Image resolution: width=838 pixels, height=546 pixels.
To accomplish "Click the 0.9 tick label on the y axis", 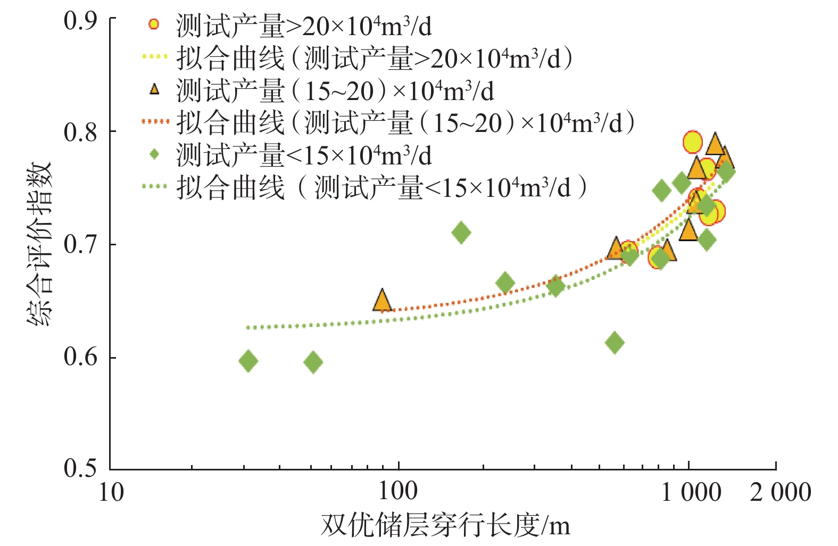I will click(x=80, y=21).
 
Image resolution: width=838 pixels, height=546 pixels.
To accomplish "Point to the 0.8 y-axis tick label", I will click(x=80, y=133).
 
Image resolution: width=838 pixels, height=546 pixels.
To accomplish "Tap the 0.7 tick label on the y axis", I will click(x=80, y=245).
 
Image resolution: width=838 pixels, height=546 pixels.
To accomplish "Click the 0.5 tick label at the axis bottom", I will click(x=80, y=468).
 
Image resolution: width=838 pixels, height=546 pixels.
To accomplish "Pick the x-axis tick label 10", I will click(x=111, y=492).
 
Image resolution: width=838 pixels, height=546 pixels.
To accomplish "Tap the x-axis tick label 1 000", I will click(x=691, y=492).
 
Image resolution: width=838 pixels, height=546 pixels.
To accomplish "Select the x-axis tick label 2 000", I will click(x=780, y=492).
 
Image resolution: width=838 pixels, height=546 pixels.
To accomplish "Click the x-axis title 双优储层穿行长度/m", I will click(x=445, y=526).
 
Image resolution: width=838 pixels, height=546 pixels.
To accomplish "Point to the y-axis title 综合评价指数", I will click(x=40, y=243).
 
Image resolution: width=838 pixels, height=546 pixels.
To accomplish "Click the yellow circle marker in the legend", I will click(x=154, y=24).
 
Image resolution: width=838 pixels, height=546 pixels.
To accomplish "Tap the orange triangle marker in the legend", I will click(x=154, y=89).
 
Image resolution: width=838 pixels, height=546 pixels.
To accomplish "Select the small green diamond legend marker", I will click(x=154, y=154).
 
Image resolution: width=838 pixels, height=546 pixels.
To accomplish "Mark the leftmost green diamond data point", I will click(x=248, y=361).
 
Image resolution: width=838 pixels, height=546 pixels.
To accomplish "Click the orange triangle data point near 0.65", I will click(x=382, y=301).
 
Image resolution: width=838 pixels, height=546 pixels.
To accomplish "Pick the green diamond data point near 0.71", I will click(x=461, y=233).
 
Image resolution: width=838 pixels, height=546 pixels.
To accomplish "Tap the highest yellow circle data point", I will click(x=693, y=142).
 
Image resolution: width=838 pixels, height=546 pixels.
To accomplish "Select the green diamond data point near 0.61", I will click(x=615, y=342).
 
